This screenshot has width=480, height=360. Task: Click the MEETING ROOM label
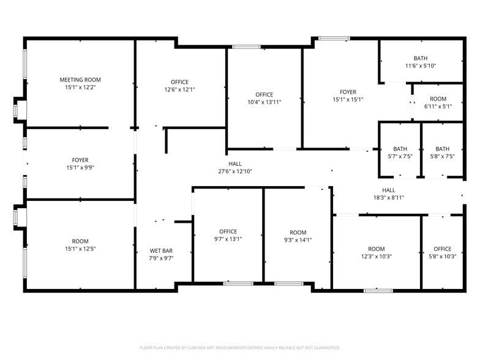80,80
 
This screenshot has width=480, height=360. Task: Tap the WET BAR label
162,250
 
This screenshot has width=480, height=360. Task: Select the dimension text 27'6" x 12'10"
236,171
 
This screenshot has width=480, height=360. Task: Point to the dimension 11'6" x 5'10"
421,66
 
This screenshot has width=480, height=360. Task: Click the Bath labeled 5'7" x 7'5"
400,149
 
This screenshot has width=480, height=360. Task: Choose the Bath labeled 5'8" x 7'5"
442,149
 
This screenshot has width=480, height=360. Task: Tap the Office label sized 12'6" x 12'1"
179,82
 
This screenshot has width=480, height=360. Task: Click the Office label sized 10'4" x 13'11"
264,94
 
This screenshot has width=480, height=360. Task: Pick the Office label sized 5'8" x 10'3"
442,249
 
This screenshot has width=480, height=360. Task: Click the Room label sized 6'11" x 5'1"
438,99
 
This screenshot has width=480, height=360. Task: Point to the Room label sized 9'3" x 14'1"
298,232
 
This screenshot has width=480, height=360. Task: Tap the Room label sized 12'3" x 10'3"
377,249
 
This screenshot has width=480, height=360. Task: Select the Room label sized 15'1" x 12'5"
80,241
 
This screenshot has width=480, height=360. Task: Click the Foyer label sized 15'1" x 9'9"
80,160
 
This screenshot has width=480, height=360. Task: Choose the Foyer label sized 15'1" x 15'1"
348,92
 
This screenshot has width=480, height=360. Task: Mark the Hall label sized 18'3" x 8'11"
389,190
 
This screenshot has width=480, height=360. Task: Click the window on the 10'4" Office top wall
246,47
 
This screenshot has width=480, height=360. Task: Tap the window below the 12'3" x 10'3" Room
378,290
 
